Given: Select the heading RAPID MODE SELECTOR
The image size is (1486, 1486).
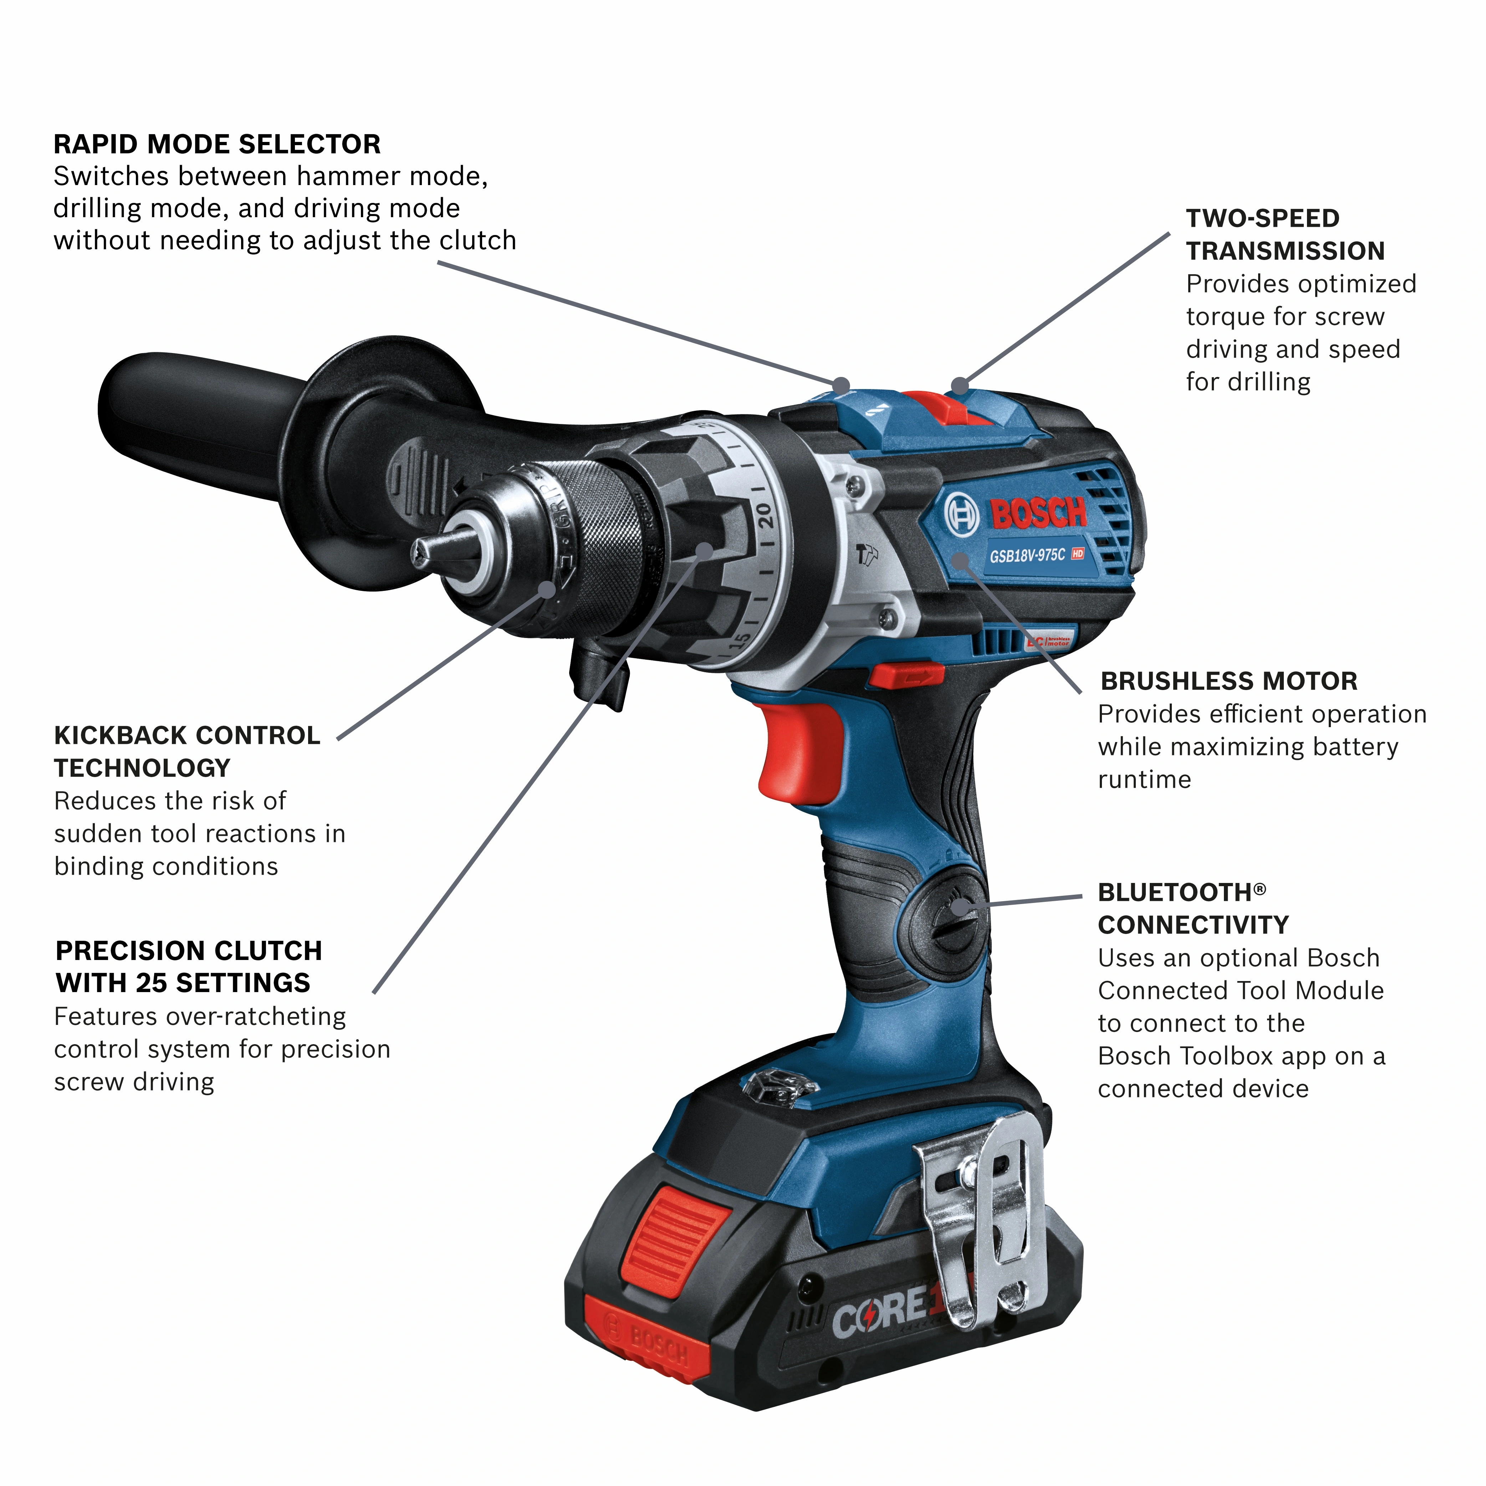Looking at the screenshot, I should click(217, 144).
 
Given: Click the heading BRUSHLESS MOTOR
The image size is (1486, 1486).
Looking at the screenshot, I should click(1228, 681).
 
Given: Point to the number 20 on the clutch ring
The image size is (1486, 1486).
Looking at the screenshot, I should click(764, 515).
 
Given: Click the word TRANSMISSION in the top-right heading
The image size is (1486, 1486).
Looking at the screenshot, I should click(1285, 251).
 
